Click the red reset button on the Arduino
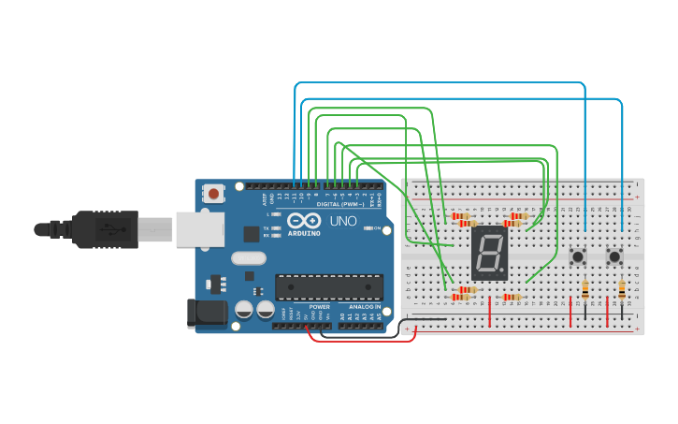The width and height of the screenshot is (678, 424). coord(214,194)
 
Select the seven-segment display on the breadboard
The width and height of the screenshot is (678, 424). coord(489,253)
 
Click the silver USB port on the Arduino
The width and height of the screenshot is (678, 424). coord(199,229)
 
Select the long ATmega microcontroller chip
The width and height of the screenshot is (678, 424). coord(328,287)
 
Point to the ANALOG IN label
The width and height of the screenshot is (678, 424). coord(365,306)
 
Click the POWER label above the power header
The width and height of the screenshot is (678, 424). coord(319,306)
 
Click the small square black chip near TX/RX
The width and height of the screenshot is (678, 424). coord(252,234)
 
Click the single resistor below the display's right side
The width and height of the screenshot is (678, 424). coord(512,297)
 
